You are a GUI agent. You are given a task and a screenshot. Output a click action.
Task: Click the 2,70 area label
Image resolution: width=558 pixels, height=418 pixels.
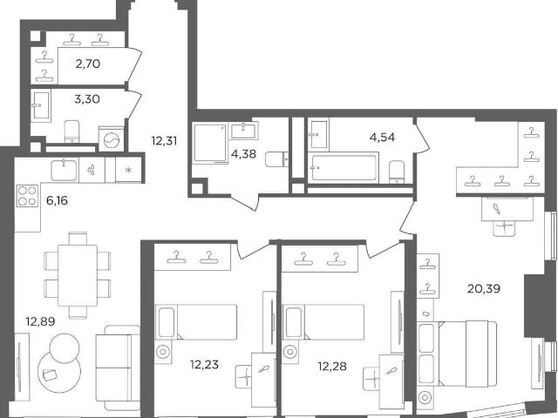pyautogui.click(x=88, y=64)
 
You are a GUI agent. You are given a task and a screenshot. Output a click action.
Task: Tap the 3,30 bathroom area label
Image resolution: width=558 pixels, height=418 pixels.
pyautogui.click(x=87, y=99)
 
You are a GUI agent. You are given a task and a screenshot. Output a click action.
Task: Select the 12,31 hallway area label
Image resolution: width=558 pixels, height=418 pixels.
pyautogui.click(x=164, y=141)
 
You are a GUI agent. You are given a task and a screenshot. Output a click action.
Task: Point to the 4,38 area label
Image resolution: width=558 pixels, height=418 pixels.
pyautogui.click(x=243, y=154)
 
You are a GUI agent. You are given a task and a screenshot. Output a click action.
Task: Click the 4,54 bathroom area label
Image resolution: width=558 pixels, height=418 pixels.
pyautogui.click(x=382, y=138)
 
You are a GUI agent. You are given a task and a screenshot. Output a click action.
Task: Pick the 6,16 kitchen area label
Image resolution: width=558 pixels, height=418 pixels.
pyautogui.click(x=57, y=201)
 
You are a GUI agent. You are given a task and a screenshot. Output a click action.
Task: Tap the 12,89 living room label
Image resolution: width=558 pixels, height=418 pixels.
pyautogui.click(x=41, y=321)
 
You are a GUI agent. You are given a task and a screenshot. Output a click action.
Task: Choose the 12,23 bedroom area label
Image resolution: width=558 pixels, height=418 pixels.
pyautogui.click(x=204, y=364)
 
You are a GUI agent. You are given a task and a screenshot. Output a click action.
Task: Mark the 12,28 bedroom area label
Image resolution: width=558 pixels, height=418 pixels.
pyautogui.click(x=332, y=366)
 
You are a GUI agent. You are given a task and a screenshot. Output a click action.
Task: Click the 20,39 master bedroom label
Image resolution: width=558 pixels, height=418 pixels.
pyautogui.click(x=484, y=288)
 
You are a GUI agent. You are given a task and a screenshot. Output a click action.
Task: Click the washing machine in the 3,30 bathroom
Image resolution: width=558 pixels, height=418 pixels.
pyautogui.click(x=111, y=139)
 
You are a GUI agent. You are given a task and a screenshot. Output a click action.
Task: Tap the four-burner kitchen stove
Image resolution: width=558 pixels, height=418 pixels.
pyautogui.click(x=27, y=196)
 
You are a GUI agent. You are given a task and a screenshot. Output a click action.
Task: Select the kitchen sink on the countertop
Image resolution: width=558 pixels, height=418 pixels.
pyautogui.click(x=64, y=171)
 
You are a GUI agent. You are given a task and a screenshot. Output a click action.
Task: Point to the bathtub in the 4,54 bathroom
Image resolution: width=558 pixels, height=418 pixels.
pyautogui.click(x=344, y=167)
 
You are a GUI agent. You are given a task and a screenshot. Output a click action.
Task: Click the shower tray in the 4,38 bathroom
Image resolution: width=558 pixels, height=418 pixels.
pyautogui.click(x=210, y=144)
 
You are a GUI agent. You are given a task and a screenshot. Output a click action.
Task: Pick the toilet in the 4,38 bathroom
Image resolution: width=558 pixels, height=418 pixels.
pyautogui.click(x=277, y=159)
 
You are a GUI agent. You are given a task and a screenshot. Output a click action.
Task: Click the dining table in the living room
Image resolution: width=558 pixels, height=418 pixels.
pyautogui.click(x=78, y=275)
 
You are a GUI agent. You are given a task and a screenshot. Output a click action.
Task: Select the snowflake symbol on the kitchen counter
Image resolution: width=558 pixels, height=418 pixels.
pyautogui.click(x=128, y=170)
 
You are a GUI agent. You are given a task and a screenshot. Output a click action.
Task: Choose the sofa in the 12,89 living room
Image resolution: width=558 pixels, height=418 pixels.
pyautogui.click(x=118, y=367)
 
